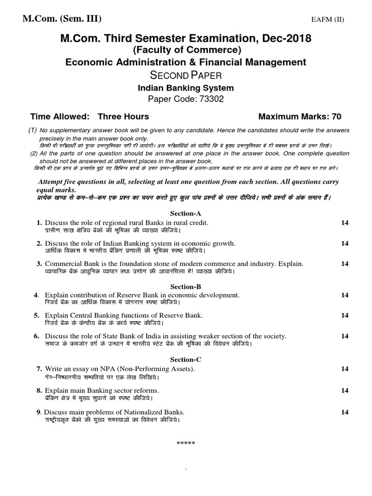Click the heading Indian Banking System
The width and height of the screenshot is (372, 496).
click(186, 88)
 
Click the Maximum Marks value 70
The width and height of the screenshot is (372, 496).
click(337, 116)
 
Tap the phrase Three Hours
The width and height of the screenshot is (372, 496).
click(124, 116)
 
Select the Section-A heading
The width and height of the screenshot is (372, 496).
click(186, 213)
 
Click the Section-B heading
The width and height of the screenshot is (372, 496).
click(186, 286)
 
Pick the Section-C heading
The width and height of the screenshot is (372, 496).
click(186, 359)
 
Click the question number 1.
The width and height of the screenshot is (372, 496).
click(39, 222)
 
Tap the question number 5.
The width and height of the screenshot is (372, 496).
click(36, 315)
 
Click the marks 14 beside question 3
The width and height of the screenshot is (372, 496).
click(344, 263)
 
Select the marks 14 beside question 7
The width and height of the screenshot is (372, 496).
click(344, 369)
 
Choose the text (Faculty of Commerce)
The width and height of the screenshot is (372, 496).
click(186, 50)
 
